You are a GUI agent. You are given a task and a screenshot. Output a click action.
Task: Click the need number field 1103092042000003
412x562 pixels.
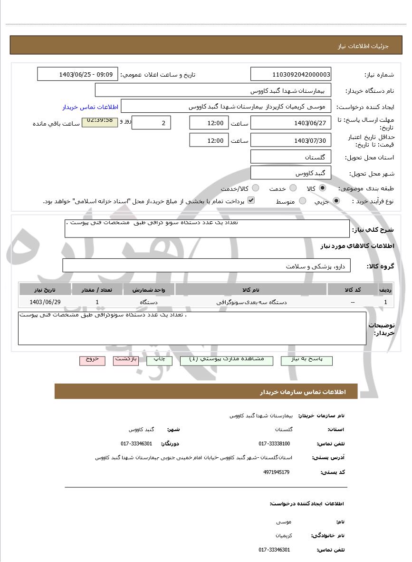[290, 74]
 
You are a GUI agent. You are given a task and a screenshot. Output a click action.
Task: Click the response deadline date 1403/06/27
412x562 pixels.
[290, 123]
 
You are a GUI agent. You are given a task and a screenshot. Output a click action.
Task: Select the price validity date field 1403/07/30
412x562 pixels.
[290, 140]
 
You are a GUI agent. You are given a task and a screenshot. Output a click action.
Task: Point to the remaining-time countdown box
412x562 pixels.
[100, 122]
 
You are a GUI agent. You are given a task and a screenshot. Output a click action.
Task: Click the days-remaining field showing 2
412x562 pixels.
[151, 123]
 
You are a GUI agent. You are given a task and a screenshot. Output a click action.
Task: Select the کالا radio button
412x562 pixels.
[323, 188]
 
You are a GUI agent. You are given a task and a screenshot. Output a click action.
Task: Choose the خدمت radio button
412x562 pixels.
[293, 188]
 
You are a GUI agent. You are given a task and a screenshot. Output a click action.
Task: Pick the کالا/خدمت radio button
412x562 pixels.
[256, 188]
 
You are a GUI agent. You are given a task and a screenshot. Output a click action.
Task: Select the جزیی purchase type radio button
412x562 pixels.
[336, 201]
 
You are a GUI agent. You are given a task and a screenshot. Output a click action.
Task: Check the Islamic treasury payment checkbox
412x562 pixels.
[251, 200]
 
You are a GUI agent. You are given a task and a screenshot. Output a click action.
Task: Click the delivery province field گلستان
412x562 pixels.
[290, 157]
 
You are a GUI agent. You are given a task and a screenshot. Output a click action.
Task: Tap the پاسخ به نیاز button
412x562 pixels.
[307, 360]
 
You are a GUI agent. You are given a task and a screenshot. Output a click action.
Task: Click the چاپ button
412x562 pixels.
[159, 360]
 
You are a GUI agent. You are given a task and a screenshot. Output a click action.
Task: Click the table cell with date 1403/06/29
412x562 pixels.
[45, 302]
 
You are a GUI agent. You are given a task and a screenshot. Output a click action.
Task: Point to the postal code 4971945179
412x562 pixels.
[276, 472]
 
